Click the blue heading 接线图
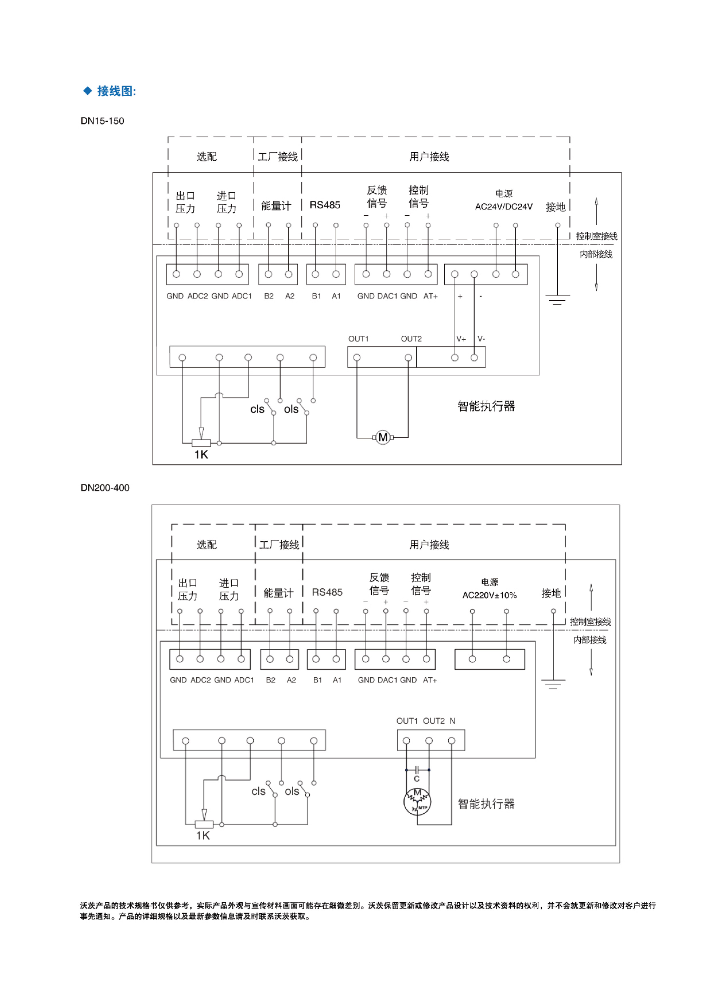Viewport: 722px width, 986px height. point(116,91)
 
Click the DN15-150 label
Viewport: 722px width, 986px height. point(102,121)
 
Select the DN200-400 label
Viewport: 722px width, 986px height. point(105,488)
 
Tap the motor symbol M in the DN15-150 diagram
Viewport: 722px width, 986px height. point(383,437)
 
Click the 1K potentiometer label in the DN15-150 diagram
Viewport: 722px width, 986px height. point(201,455)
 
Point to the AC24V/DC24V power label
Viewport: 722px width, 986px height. point(503,207)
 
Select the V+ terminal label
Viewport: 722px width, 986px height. point(461,339)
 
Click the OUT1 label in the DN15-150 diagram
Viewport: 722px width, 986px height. point(358,339)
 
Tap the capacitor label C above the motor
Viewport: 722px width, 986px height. point(416,779)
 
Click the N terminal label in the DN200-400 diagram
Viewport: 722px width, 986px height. point(452,721)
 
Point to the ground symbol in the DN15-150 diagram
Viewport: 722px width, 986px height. point(557,300)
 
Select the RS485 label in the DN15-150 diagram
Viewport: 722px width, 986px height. point(325,205)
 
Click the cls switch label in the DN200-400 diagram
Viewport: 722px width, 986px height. point(258,791)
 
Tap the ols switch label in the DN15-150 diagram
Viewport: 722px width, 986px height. point(291,409)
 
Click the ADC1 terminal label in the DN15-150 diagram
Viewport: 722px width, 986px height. point(242,296)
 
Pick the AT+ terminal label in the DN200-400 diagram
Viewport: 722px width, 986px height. point(430,680)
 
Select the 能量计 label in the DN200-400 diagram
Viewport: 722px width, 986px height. point(278,593)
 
